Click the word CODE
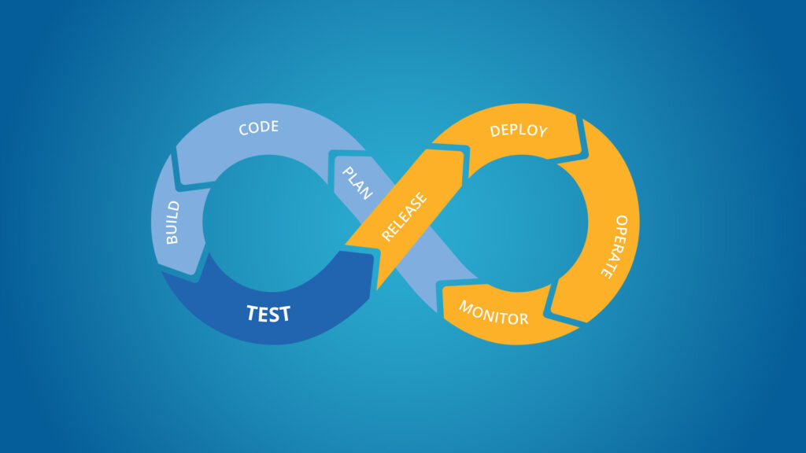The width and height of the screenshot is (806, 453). (x=258, y=127)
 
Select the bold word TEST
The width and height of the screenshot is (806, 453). (x=268, y=314)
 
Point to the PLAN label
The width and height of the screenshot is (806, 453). (x=357, y=182)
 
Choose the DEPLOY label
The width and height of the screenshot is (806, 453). (x=518, y=130)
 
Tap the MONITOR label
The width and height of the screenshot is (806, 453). (x=494, y=313)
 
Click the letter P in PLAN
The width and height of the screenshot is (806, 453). (x=347, y=170)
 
